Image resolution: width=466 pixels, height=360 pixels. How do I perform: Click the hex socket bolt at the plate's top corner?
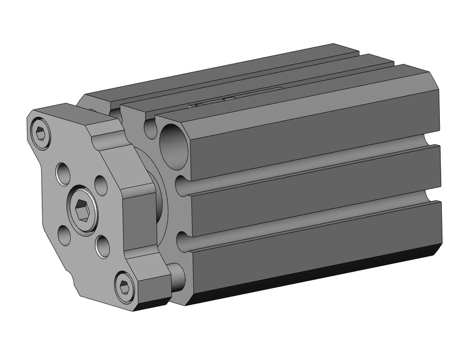tap(41, 135)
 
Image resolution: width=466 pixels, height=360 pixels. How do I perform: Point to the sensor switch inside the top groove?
tap(211, 102)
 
